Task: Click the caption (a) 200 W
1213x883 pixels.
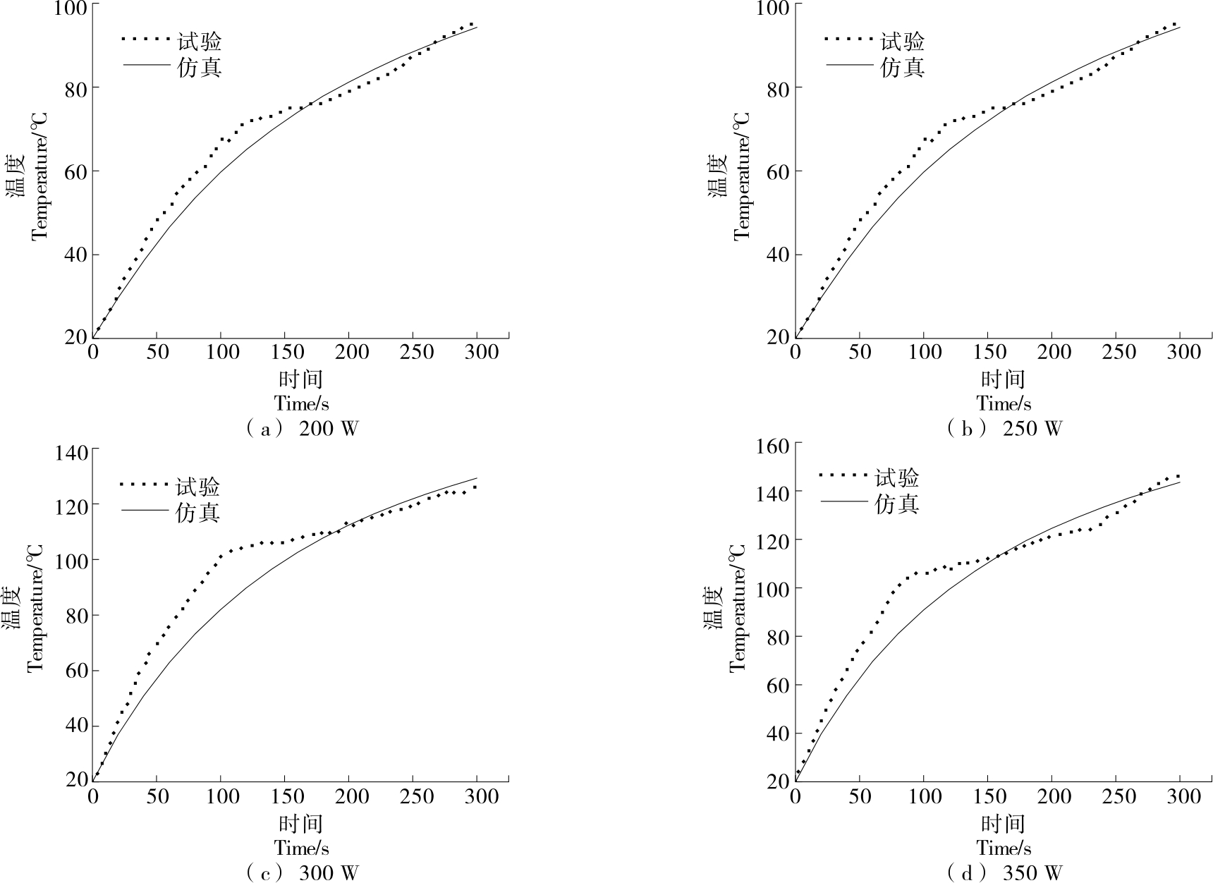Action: [x=302, y=429]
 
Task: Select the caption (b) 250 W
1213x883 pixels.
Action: [x=1004, y=429]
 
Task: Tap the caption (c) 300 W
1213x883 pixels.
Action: [x=302, y=873]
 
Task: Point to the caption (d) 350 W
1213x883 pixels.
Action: [x=1004, y=873]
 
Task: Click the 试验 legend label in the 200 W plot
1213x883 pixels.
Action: [x=200, y=42]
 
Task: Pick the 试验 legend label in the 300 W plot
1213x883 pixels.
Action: [x=198, y=487]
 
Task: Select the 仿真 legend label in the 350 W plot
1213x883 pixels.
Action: [x=897, y=504]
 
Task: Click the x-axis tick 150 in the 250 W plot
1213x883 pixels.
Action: [x=989, y=351]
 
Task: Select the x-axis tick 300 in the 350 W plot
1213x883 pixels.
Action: [x=1181, y=796]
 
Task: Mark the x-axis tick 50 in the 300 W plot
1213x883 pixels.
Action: [x=157, y=796]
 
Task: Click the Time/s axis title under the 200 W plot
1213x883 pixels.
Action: [x=302, y=403]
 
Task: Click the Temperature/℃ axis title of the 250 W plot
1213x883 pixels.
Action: [x=742, y=176]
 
